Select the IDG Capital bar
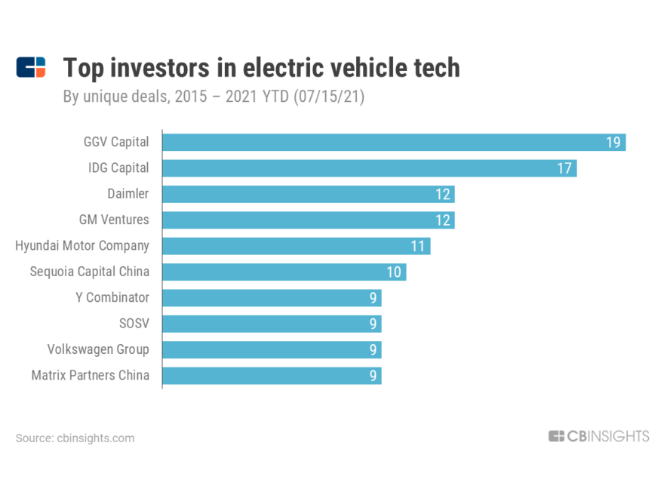[370, 168]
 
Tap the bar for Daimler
[308, 194]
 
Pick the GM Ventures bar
[308, 220]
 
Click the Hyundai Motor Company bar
[296, 246]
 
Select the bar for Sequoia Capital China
[284, 272]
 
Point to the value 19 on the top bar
[613, 143]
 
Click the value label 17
[564, 168]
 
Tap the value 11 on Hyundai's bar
[418, 246]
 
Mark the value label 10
[394, 272]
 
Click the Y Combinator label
[112, 297]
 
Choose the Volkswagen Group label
[98, 349]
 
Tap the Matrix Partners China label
[90, 375]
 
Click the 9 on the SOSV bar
[373, 324]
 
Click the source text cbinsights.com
[95, 438]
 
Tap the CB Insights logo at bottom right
[598, 436]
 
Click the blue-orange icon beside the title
[31, 67]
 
